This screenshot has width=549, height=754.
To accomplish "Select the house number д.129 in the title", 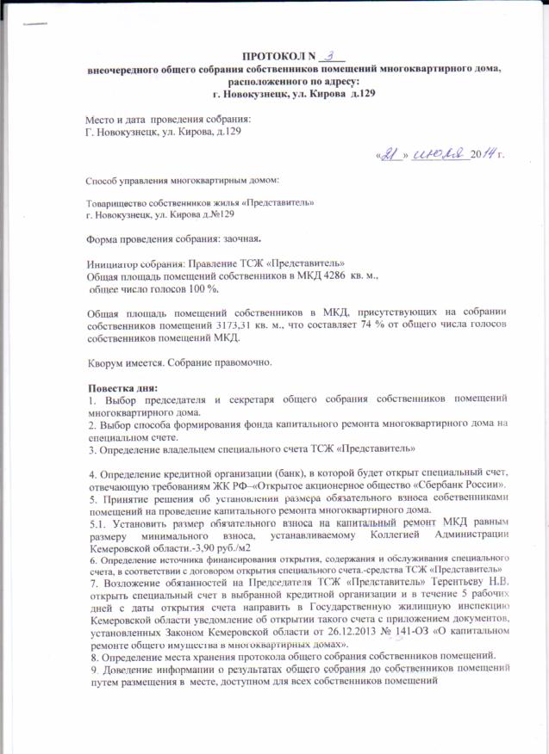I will point(360,92).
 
